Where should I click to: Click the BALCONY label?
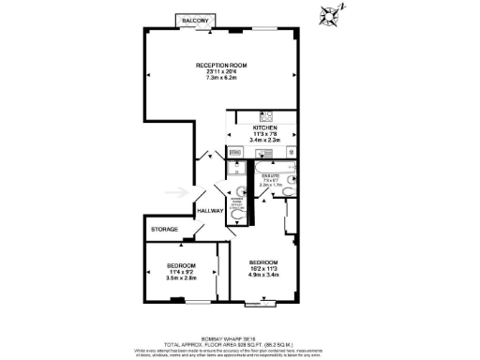[x=196, y=20]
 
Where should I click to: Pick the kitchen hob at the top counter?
[x=266, y=116]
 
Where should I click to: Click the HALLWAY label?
[x=210, y=211]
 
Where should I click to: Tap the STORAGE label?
[x=165, y=229]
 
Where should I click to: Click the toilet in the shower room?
[x=238, y=215]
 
